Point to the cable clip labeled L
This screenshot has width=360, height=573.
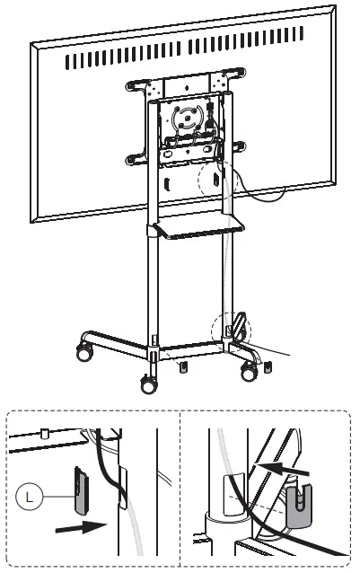[80, 486]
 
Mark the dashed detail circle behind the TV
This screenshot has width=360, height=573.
[217, 181]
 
